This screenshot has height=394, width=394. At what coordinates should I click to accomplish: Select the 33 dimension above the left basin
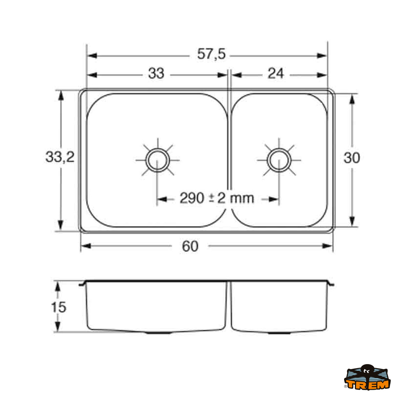pyautogui.click(x=156, y=74)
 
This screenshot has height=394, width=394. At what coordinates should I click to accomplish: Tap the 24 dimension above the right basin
pyautogui.click(x=275, y=74)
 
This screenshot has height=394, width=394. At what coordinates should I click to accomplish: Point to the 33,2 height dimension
pyautogui.click(x=60, y=158)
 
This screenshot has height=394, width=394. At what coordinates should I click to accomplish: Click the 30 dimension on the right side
pyautogui.click(x=352, y=158)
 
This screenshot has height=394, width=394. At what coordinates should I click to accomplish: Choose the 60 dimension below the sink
pyautogui.click(x=190, y=246)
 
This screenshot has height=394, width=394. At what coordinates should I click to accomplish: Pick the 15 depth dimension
pyautogui.click(x=58, y=307)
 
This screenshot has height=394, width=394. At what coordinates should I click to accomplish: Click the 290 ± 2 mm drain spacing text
pyautogui.click(x=217, y=198)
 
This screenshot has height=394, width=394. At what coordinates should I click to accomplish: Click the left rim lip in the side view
pyautogui.click(x=82, y=284)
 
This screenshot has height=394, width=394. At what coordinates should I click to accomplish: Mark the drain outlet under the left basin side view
pyautogui.click(x=159, y=333)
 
